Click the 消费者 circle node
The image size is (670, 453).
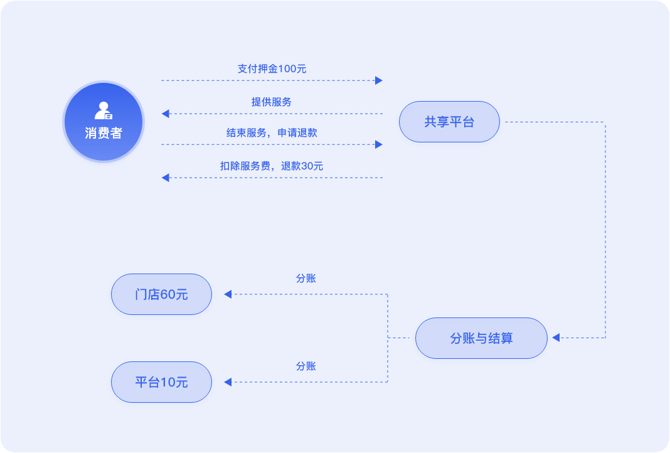[104, 122]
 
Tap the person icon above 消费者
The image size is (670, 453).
[104, 110]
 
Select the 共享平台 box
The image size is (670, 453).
[449, 122]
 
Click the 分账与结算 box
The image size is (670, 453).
[481, 338]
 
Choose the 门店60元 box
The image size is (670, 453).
[161, 294]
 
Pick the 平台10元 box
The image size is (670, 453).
[161, 382]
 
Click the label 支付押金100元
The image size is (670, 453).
[272, 69]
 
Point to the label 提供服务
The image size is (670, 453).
[272, 102]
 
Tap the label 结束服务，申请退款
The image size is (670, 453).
[272, 133]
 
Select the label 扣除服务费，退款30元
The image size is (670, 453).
[272, 166]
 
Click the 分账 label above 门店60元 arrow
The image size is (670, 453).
[306, 279]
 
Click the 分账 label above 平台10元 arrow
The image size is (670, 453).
[306, 366]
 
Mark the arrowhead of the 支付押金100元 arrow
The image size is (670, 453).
[379, 80]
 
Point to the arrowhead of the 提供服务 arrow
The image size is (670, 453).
[166, 114]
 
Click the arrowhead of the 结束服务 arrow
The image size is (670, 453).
[379, 144]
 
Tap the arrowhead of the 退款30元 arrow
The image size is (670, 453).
[166, 178]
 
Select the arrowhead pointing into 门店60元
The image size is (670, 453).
[228, 294]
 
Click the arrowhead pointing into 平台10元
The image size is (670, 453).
[228, 382]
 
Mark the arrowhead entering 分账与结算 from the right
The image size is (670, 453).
[555, 338]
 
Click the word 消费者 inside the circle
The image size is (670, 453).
[104, 133]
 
